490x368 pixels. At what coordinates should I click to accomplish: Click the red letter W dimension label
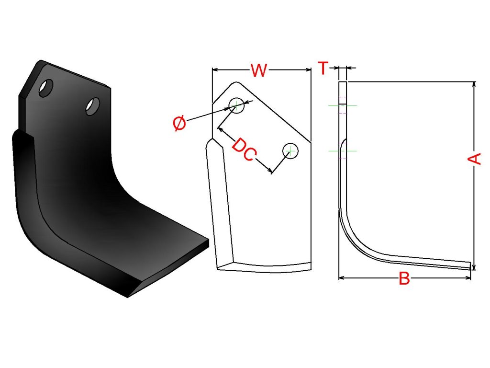pos(259,70)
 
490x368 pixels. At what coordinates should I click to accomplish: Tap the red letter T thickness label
pos(323,68)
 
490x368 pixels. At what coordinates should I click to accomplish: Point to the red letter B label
pos(404,278)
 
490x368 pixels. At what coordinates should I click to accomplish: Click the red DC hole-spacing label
pos(244,149)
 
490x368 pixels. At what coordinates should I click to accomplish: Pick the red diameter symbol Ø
pos(179,123)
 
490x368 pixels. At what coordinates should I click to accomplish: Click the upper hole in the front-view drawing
pos(236,105)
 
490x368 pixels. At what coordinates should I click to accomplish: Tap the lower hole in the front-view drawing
pos(290,151)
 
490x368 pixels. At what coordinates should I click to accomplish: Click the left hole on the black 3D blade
pos(46,88)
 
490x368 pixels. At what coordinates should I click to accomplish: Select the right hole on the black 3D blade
pos(93,106)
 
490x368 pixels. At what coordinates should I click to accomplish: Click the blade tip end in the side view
pos(470,265)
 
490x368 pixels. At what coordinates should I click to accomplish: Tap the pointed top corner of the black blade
pos(41,60)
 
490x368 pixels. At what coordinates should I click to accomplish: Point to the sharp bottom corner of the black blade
pos(127,297)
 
